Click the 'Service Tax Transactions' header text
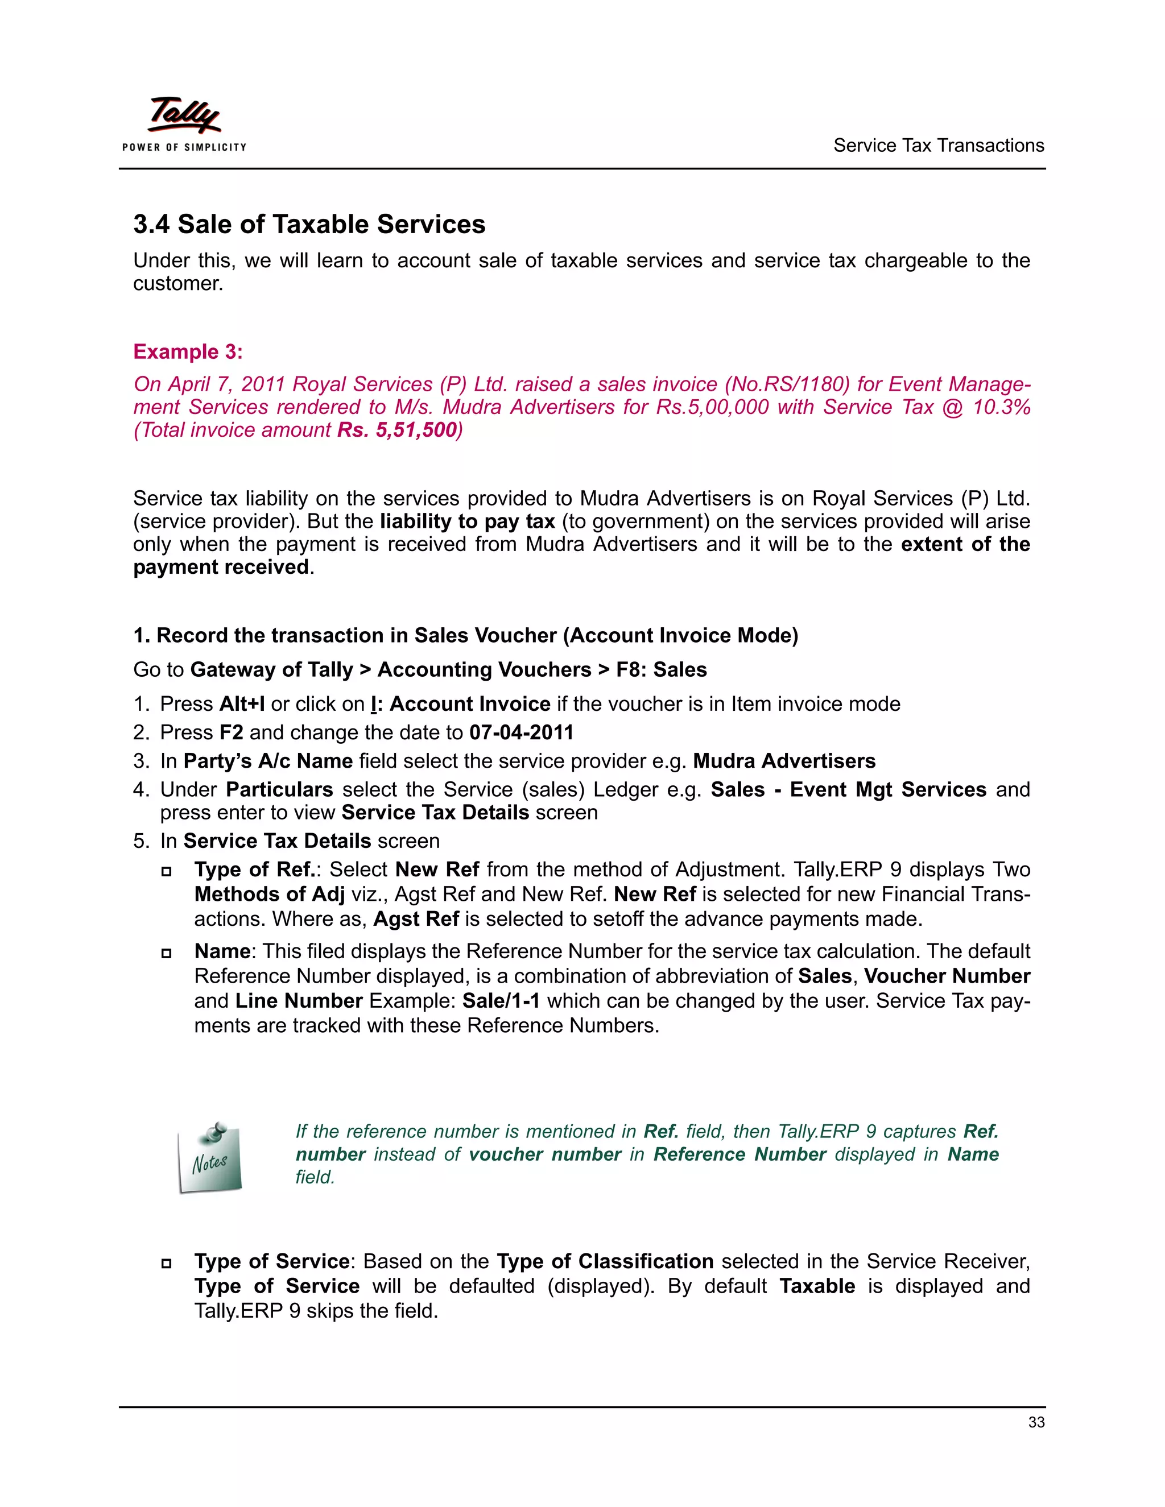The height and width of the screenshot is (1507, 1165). click(938, 146)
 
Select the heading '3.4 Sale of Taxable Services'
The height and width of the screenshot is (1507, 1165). click(309, 224)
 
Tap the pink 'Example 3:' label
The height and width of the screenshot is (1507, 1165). click(188, 351)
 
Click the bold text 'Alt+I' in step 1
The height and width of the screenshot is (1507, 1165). click(242, 704)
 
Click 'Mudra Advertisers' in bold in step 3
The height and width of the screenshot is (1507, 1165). click(784, 761)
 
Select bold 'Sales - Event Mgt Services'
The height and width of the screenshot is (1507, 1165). click(848, 789)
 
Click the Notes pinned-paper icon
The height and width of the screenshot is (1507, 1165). click(210, 1158)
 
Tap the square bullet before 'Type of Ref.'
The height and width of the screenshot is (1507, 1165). click(166, 871)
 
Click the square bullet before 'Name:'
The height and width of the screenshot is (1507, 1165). click(166, 953)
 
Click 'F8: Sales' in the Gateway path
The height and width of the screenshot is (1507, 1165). click(661, 669)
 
